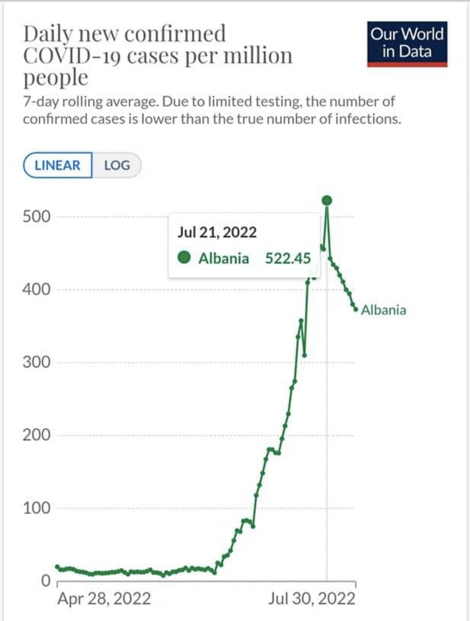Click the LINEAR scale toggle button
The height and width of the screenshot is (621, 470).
[x=57, y=165]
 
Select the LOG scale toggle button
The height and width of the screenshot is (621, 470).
[x=117, y=165]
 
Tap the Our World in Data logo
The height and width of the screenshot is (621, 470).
[x=407, y=43]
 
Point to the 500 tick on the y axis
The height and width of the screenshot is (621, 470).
[x=36, y=217]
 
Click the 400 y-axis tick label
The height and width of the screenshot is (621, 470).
[x=36, y=289]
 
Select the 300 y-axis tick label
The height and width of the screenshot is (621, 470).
[x=36, y=362]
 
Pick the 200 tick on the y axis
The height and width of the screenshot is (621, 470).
[x=36, y=435]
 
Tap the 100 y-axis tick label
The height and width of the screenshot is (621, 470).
[x=36, y=508]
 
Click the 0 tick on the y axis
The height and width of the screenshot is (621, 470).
[x=46, y=580]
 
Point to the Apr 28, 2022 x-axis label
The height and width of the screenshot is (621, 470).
[x=104, y=599]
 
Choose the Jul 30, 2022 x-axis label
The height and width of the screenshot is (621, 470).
[x=312, y=599]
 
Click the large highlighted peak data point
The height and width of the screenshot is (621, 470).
[x=327, y=201]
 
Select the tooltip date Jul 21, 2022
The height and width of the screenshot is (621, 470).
[x=217, y=232]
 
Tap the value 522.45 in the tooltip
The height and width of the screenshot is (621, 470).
[x=288, y=258]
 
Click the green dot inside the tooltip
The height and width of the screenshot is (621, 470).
[x=184, y=258]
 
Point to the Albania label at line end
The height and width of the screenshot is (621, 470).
[x=383, y=310]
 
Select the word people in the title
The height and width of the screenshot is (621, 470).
[x=56, y=78]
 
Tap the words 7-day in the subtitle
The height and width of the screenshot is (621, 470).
[x=41, y=102]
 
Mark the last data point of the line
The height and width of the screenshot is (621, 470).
[x=356, y=309]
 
